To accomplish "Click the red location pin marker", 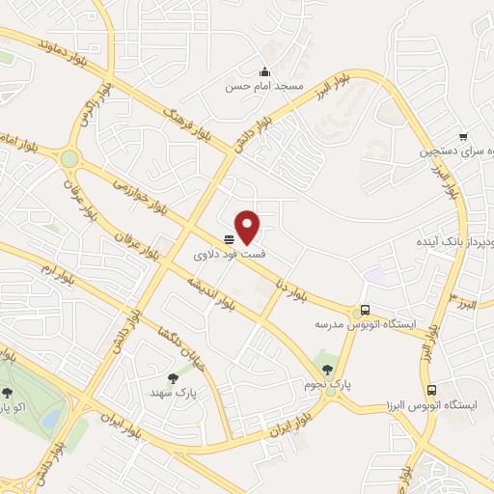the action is coord(249,226).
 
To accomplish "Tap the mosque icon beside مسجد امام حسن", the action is coord(265,71).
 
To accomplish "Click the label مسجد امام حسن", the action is coord(265,87).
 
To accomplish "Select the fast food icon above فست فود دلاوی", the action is coord(230,239).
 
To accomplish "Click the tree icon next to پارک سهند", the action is coord(173,379).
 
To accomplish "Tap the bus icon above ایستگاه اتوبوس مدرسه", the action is coord(365,310).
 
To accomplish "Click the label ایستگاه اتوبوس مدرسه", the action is coord(365,325).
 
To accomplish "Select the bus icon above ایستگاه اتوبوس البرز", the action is coord(431,391).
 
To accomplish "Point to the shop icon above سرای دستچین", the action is coord(463,137).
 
